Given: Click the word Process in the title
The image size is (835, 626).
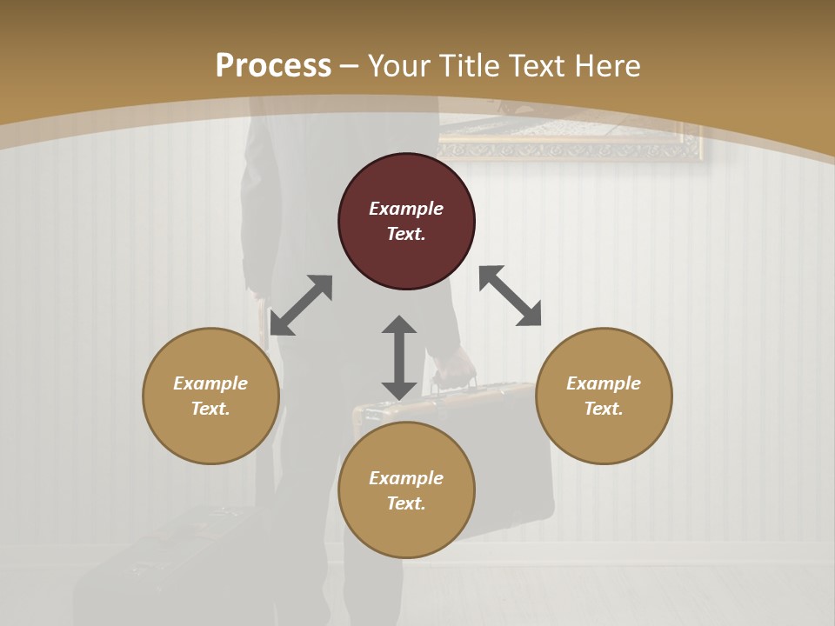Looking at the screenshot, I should pos(273,66).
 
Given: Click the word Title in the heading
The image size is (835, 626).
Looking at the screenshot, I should pos(461,66).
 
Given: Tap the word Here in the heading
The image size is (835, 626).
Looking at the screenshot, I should pos(606,66).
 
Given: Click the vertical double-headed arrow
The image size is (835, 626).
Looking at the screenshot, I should pos(399,357).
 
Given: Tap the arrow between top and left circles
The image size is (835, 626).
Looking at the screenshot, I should pos(301,305).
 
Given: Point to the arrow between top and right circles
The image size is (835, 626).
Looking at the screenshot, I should pos(510,296).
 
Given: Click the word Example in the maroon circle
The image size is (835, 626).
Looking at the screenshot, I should pos(406,209).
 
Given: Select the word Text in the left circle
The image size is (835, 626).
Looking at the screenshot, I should pos(210,409).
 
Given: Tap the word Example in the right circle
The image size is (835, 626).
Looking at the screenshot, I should pos(604,383).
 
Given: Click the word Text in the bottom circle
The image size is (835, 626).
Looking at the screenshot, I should pos(406,503).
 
